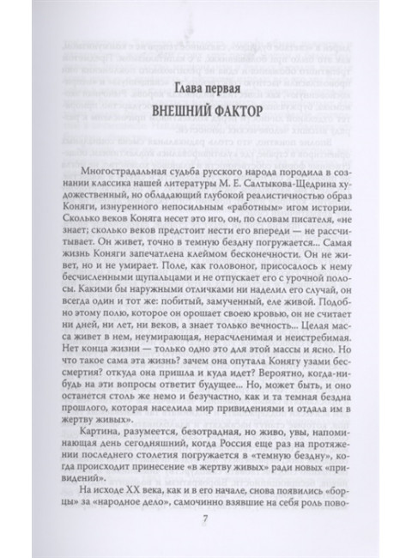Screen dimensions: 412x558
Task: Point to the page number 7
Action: click(207, 519)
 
